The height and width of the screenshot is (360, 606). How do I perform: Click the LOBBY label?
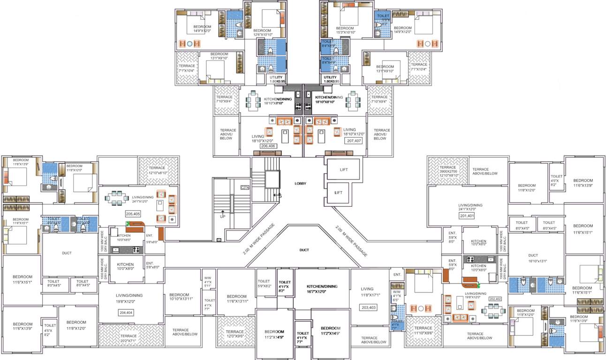tap(300, 183)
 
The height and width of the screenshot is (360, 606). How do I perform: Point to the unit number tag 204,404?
tap(126, 312)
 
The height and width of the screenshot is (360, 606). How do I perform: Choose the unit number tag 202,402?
tap(495, 298)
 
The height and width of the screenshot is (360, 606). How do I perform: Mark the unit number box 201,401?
tap(467, 216)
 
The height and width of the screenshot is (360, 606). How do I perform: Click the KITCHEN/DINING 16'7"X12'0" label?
tap(322, 288)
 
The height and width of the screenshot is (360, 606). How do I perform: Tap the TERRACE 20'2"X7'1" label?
tap(129, 338)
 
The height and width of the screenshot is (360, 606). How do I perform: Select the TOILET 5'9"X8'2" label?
tap(265, 284)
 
